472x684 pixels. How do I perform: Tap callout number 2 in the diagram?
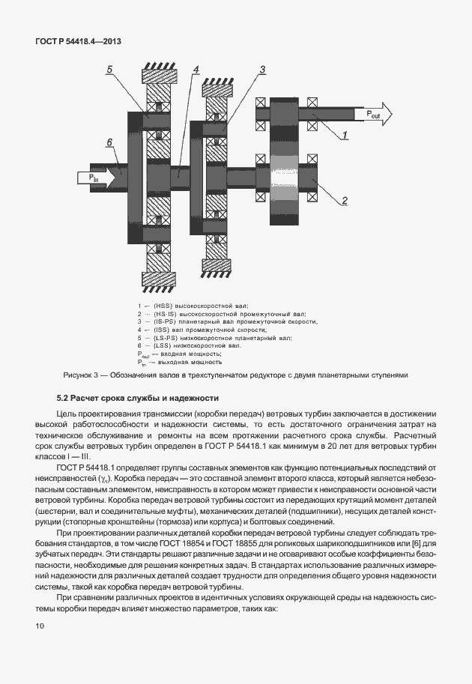click(x=345, y=200)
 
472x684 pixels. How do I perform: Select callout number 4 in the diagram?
click(x=196, y=70)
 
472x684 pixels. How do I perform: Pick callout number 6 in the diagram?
click(x=109, y=142)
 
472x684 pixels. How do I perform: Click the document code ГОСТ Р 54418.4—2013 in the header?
click(x=78, y=41)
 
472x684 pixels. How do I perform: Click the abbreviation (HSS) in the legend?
click(x=163, y=306)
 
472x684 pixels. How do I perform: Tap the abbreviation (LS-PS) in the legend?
click(x=166, y=337)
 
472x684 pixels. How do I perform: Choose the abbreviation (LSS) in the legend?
click(x=163, y=345)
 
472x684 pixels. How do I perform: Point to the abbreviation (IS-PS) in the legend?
click(x=165, y=321)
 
